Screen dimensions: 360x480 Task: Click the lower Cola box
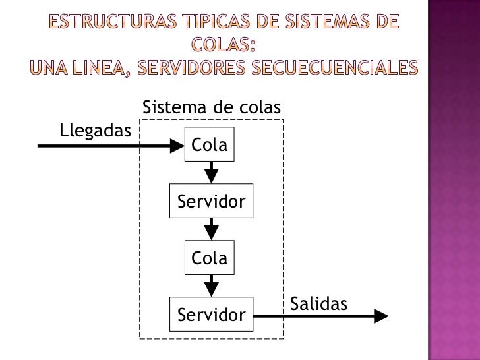click(210, 258)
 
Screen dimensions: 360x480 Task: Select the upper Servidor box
click(210, 202)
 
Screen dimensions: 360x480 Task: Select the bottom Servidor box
click(210, 315)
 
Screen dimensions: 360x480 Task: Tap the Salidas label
click(318, 304)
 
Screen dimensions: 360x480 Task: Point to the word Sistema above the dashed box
click(172, 107)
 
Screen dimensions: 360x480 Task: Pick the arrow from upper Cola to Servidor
click(210, 173)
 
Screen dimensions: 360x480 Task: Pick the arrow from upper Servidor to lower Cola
click(210, 230)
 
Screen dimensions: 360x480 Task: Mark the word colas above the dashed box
click(258, 107)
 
